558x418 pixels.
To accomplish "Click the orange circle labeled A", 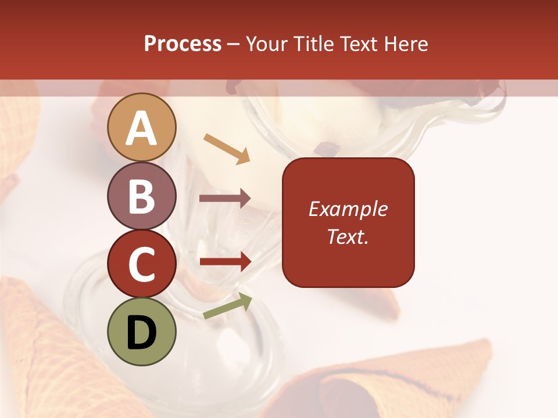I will pyautogui.click(x=142, y=127).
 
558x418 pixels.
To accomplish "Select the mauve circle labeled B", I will pyautogui.click(x=142, y=196).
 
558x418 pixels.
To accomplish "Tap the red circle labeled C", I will pyautogui.click(x=142, y=264).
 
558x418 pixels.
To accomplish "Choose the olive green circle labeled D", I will pyautogui.click(x=142, y=331).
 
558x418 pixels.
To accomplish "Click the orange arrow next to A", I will pyautogui.click(x=227, y=149).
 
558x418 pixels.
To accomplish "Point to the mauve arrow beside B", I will pyautogui.click(x=225, y=199).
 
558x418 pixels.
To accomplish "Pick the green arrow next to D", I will pyautogui.click(x=228, y=306).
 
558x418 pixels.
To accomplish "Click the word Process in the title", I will pyautogui.click(x=183, y=44).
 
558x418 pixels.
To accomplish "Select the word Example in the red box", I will pyautogui.click(x=348, y=209).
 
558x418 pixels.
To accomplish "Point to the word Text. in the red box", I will pyautogui.click(x=348, y=236).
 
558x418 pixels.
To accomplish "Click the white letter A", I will pyautogui.click(x=142, y=128).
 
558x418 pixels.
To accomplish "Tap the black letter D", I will pyautogui.click(x=142, y=333).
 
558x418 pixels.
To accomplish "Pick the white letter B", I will pyautogui.click(x=142, y=196).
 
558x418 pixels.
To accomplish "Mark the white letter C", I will pyautogui.click(x=142, y=264).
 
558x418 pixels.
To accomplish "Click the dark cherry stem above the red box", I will pyautogui.click(x=327, y=150).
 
